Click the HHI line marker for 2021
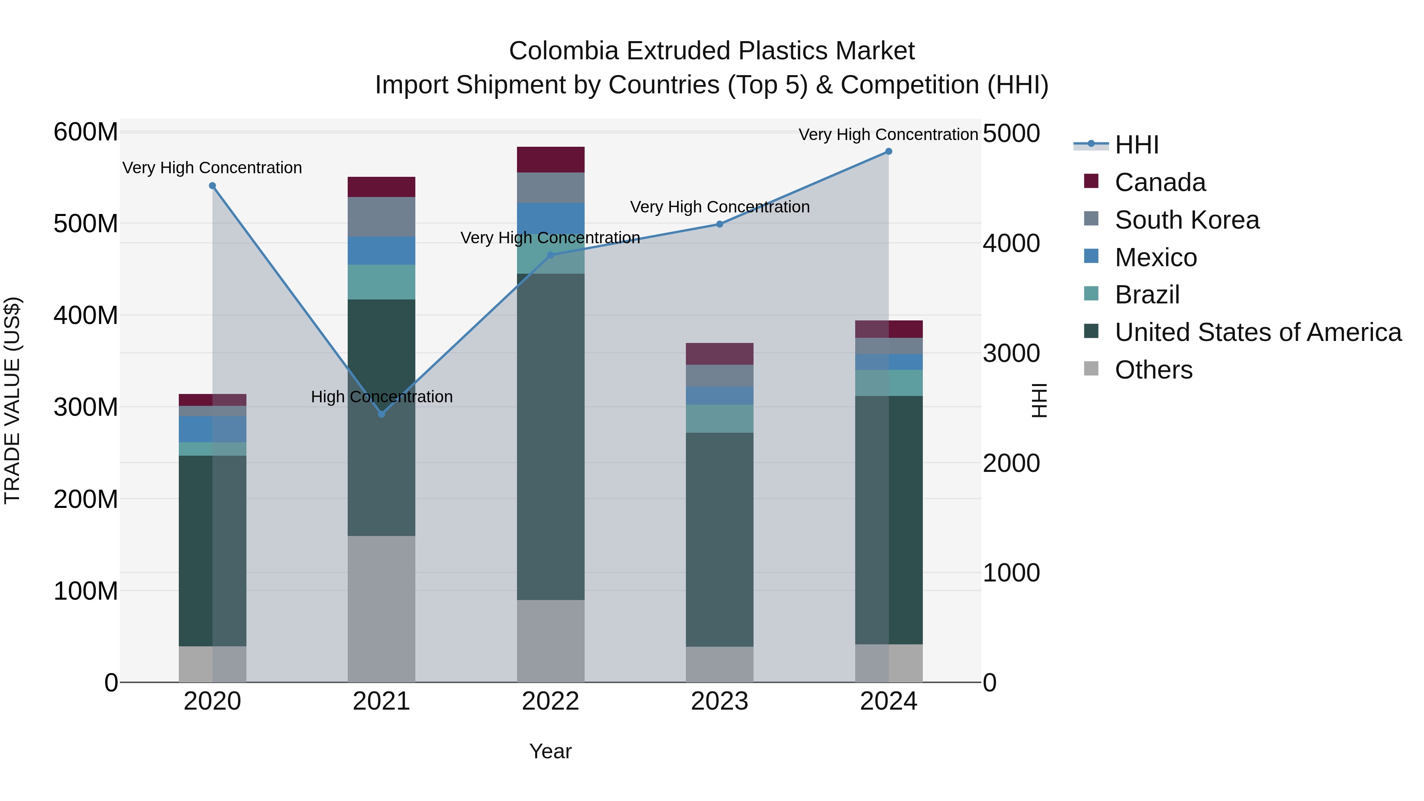tap(381, 414)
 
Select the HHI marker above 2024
tap(888, 151)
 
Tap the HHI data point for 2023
tap(719, 224)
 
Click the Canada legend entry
tap(1159, 182)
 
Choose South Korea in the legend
tap(1186, 220)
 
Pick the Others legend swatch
tap(1091, 368)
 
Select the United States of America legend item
tap(1257, 332)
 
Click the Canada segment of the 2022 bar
tap(550, 160)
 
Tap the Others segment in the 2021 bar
tap(381, 608)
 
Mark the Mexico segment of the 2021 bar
tap(381, 250)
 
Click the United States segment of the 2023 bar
tap(719, 539)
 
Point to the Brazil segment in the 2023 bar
tap(719, 418)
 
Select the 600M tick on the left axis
tap(86, 133)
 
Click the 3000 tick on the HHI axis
tap(1011, 354)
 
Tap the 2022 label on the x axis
tap(550, 701)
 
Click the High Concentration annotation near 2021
tap(381, 397)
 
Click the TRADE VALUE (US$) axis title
tap(12, 401)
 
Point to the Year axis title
tap(550, 751)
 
